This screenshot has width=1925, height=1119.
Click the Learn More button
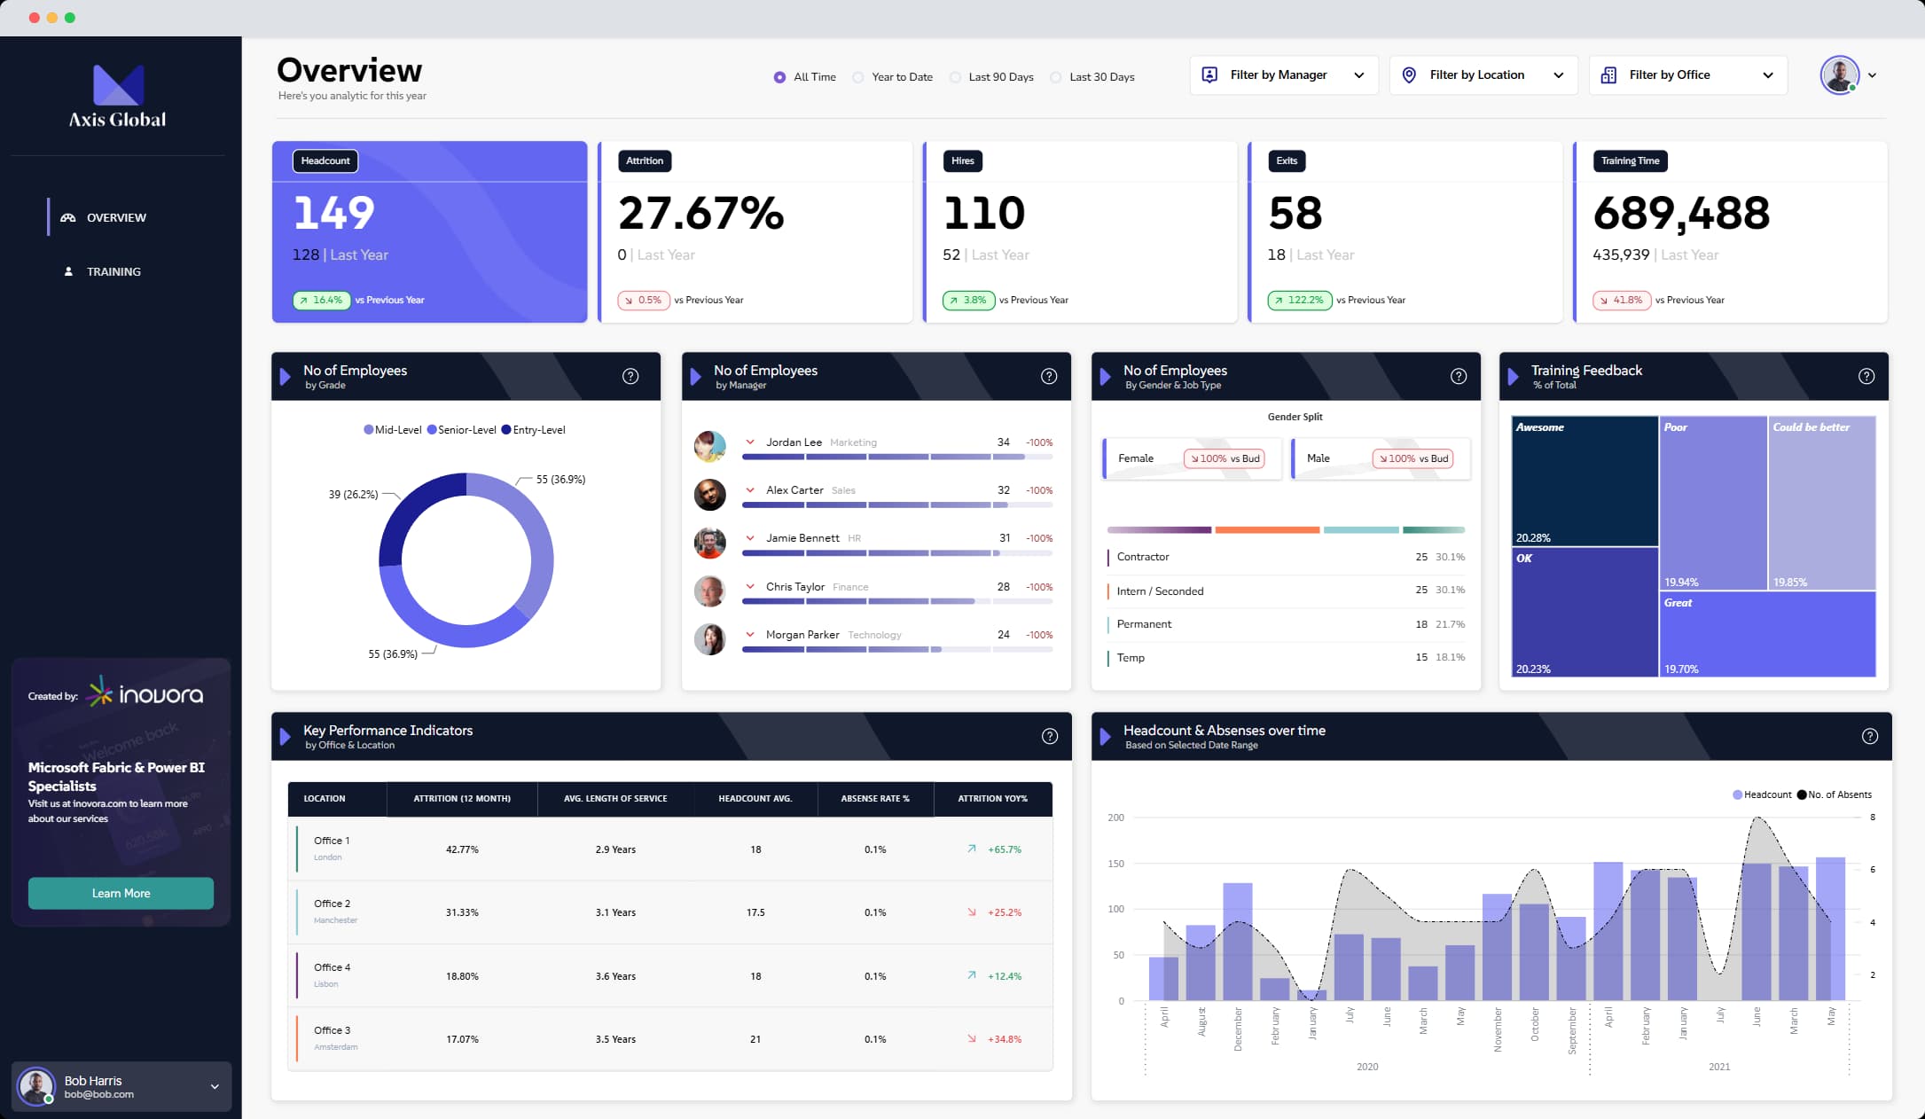(121, 893)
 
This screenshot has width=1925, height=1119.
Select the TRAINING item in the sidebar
(113, 271)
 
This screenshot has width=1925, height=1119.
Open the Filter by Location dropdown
(1483, 75)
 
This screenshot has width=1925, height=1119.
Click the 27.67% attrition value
(700, 214)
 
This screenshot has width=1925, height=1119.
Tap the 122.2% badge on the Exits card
(1299, 300)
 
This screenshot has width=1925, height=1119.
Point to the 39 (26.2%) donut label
(353, 494)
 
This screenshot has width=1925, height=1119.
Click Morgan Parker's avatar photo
(709, 638)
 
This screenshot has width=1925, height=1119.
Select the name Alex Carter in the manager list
(794, 490)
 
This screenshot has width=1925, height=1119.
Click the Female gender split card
(1191, 458)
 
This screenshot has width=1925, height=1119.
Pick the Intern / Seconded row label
(1159, 591)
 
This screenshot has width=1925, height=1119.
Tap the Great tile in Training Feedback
(1766, 634)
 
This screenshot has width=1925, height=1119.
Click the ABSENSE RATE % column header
(874, 799)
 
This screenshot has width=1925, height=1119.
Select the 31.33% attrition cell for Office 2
(462, 912)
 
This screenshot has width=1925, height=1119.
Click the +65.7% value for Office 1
(1004, 849)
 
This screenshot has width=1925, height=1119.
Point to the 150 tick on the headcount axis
(1115, 864)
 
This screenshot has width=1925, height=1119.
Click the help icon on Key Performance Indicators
(1049, 736)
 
